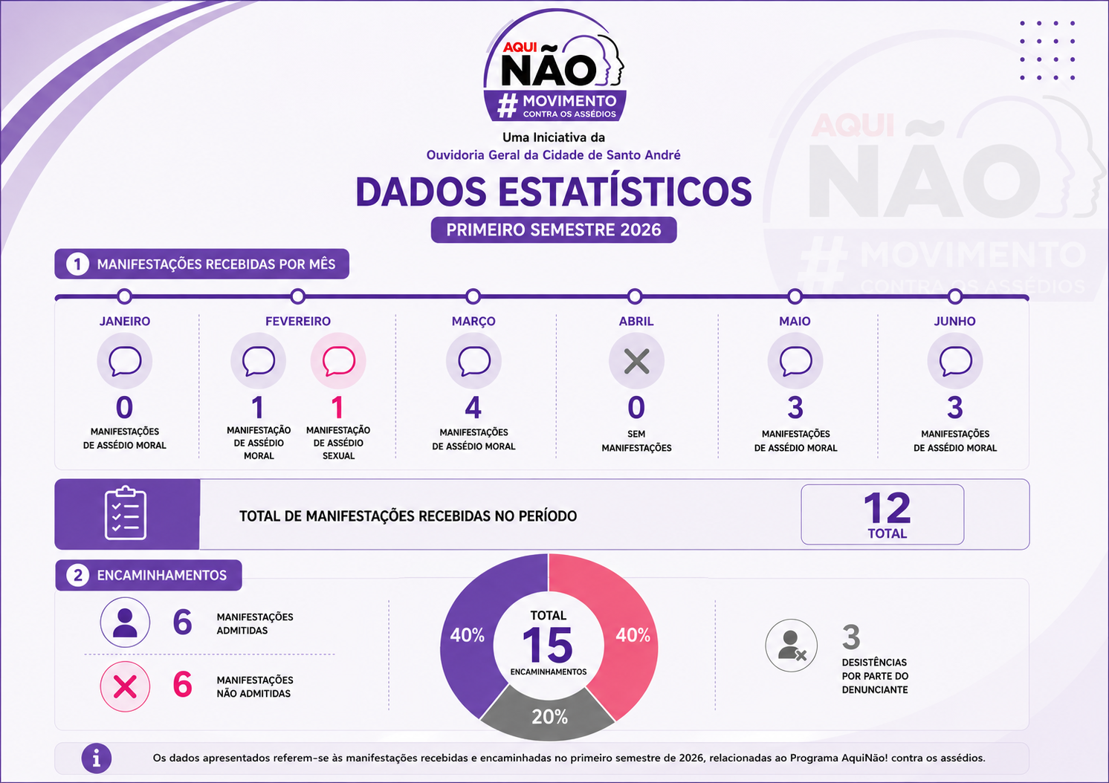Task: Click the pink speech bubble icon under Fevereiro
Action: [339, 361]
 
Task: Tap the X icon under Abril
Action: [637, 361]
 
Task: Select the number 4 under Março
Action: [473, 407]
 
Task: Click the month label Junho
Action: [954, 321]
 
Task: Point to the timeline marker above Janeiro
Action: [125, 296]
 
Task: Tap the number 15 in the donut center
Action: [548, 645]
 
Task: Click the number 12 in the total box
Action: [887, 508]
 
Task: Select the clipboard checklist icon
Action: [126, 513]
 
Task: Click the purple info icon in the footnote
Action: [97, 758]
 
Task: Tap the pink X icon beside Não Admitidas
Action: [125, 686]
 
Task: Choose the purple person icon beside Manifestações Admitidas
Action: [125, 622]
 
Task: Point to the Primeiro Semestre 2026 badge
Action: [554, 230]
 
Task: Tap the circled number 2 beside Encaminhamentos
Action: [78, 576]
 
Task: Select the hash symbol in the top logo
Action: [508, 105]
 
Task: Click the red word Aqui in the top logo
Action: [520, 47]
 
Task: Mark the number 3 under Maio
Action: [795, 407]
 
